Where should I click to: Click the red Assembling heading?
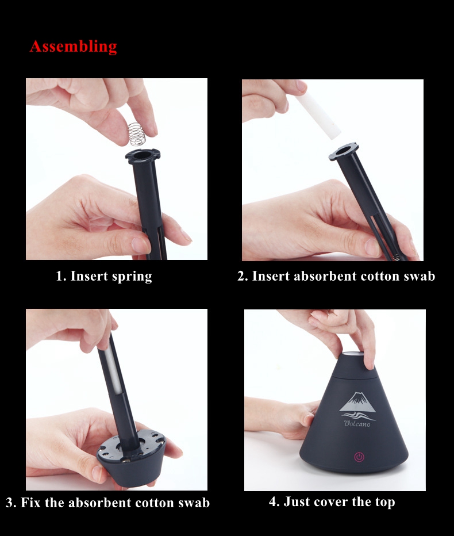coord(73,47)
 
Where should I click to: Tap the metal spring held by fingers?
coord(137,134)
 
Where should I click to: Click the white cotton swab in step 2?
coord(318,116)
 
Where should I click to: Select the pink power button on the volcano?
coord(359,457)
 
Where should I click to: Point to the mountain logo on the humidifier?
coord(357,403)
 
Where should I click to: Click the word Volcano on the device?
coord(357,423)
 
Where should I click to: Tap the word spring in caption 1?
coord(132,277)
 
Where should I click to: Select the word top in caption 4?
coord(385,502)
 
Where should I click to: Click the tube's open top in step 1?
coord(143,155)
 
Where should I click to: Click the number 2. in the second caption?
coord(243,276)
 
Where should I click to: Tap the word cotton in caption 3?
coord(155,503)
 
